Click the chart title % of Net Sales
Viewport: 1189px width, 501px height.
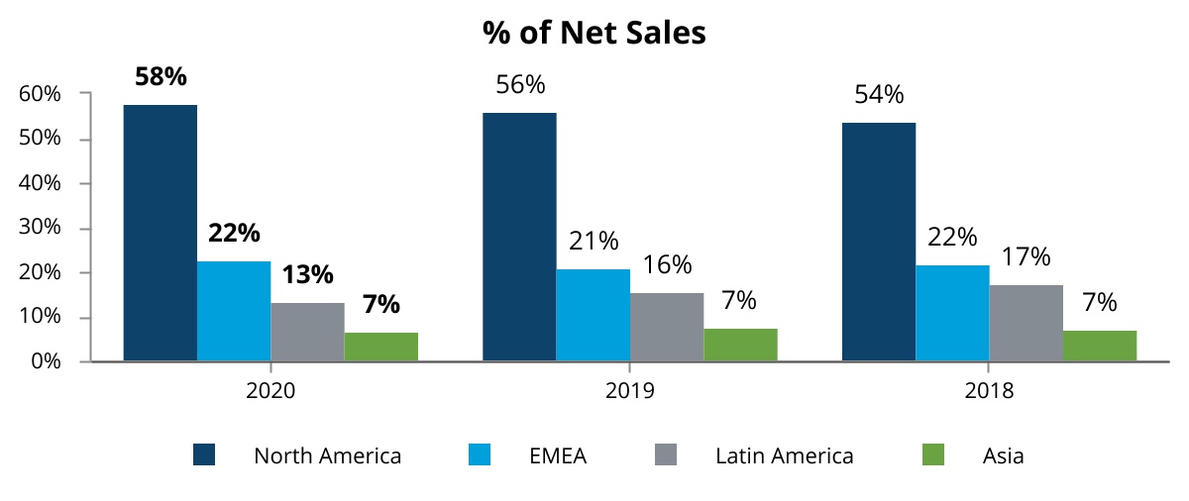click(594, 33)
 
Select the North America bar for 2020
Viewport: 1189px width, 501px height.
click(160, 233)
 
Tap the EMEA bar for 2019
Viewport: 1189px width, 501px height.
click(593, 315)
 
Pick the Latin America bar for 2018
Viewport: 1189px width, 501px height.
click(1026, 323)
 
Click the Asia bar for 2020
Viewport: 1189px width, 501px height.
click(381, 347)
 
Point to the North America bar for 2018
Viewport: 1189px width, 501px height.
click(878, 242)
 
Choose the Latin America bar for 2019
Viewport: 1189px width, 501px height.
click(667, 327)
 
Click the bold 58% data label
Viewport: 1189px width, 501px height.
click(161, 76)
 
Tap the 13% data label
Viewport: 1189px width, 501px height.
click(307, 274)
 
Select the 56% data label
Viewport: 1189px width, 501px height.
click(520, 85)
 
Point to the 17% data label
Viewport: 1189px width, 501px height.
click(1025, 256)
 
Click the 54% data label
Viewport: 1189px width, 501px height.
click(879, 95)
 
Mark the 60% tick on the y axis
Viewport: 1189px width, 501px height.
click(41, 94)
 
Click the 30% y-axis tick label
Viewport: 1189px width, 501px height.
click(41, 228)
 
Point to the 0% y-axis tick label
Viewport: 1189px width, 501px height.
click(46, 361)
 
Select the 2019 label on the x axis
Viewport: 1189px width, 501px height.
click(630, 391)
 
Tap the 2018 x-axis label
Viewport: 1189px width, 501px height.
click(989, 391)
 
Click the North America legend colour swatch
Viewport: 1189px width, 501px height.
click(205, 455)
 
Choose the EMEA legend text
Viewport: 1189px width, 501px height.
click(558, 456)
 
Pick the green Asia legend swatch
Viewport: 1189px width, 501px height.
click(933, 455)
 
